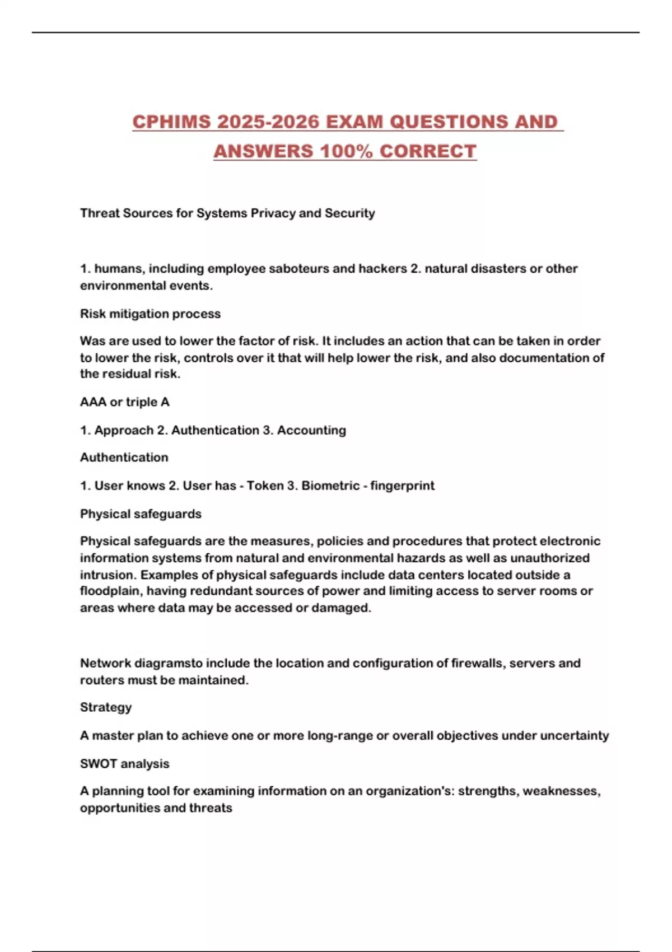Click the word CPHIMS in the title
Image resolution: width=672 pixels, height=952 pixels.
click(171, 122)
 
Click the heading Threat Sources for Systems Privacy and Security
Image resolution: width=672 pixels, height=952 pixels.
click(227, 213)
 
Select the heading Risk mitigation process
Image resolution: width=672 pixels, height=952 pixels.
click(150, 314)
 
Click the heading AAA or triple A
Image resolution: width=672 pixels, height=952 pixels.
click(124, 402)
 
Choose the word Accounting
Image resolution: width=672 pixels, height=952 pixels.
click(311, 430)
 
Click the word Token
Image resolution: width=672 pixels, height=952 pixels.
click(265, 486)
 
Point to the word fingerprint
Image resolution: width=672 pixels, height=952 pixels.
click(402, 486)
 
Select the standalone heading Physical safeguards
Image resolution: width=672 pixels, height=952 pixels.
click(141, 514)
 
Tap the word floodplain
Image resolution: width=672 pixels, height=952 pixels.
click(110, 591)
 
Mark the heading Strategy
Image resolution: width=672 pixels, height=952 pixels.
click(106, 707)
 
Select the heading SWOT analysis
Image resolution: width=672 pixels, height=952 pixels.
click(124, 764)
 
